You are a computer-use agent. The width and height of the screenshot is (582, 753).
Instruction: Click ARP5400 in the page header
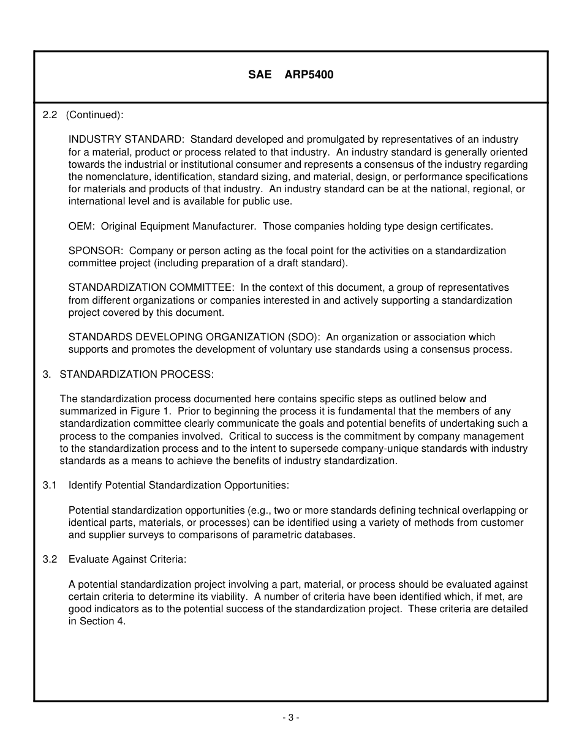[x=309, y=75]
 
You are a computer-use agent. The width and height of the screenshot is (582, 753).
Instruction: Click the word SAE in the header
[x=259, y=75]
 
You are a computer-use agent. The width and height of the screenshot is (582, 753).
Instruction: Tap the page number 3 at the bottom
[x=291, y=717]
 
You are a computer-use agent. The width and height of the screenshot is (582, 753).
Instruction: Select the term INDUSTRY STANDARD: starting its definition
[x=126, y=140]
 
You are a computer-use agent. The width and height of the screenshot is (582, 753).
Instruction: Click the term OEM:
[x=81, y=226]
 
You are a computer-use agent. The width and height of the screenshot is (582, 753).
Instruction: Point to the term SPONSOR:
[x=96, y=250]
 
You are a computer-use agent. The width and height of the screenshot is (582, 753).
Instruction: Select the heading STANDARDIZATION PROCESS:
[x=137, y=374]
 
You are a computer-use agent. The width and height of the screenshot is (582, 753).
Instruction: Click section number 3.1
[x=50, y=485]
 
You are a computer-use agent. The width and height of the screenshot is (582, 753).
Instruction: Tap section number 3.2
[x=50, y=559]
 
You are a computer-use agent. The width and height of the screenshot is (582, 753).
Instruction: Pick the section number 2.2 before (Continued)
[x=50, y=114]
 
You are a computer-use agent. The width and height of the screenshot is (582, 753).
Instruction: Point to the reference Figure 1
[x=151, y=411]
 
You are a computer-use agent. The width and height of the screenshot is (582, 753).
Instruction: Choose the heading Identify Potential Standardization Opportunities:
[x=178, y=485]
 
